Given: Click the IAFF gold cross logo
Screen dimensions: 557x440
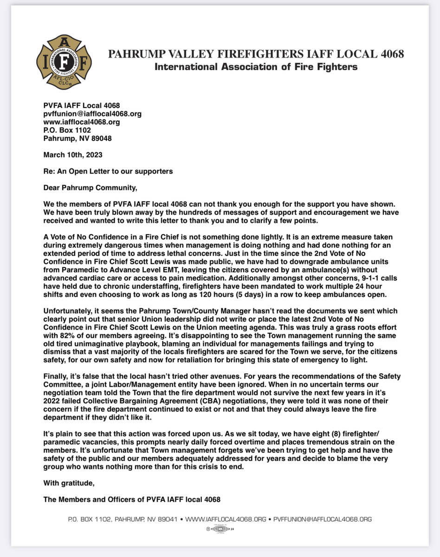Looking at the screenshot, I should click(x=64, y=62).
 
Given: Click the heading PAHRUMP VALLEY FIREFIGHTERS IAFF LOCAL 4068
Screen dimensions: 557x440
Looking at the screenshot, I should click(x=256, y=54).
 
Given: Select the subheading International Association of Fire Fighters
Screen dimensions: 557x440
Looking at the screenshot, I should click(x=256, y=67).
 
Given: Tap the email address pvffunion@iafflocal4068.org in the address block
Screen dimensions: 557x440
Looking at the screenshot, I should click(x=92, y=114).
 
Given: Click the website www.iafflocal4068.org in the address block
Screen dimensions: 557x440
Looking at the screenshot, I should click(x=82, y=122).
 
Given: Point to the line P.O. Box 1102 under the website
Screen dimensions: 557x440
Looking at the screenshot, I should click(x=67, y=130).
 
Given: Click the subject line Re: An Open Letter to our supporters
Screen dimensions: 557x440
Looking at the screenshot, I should click(x=108, y=171).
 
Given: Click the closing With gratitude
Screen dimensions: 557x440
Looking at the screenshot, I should click(x=69, y=483).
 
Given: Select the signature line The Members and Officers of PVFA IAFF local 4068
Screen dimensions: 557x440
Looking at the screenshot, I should click(x=132, y=499).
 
